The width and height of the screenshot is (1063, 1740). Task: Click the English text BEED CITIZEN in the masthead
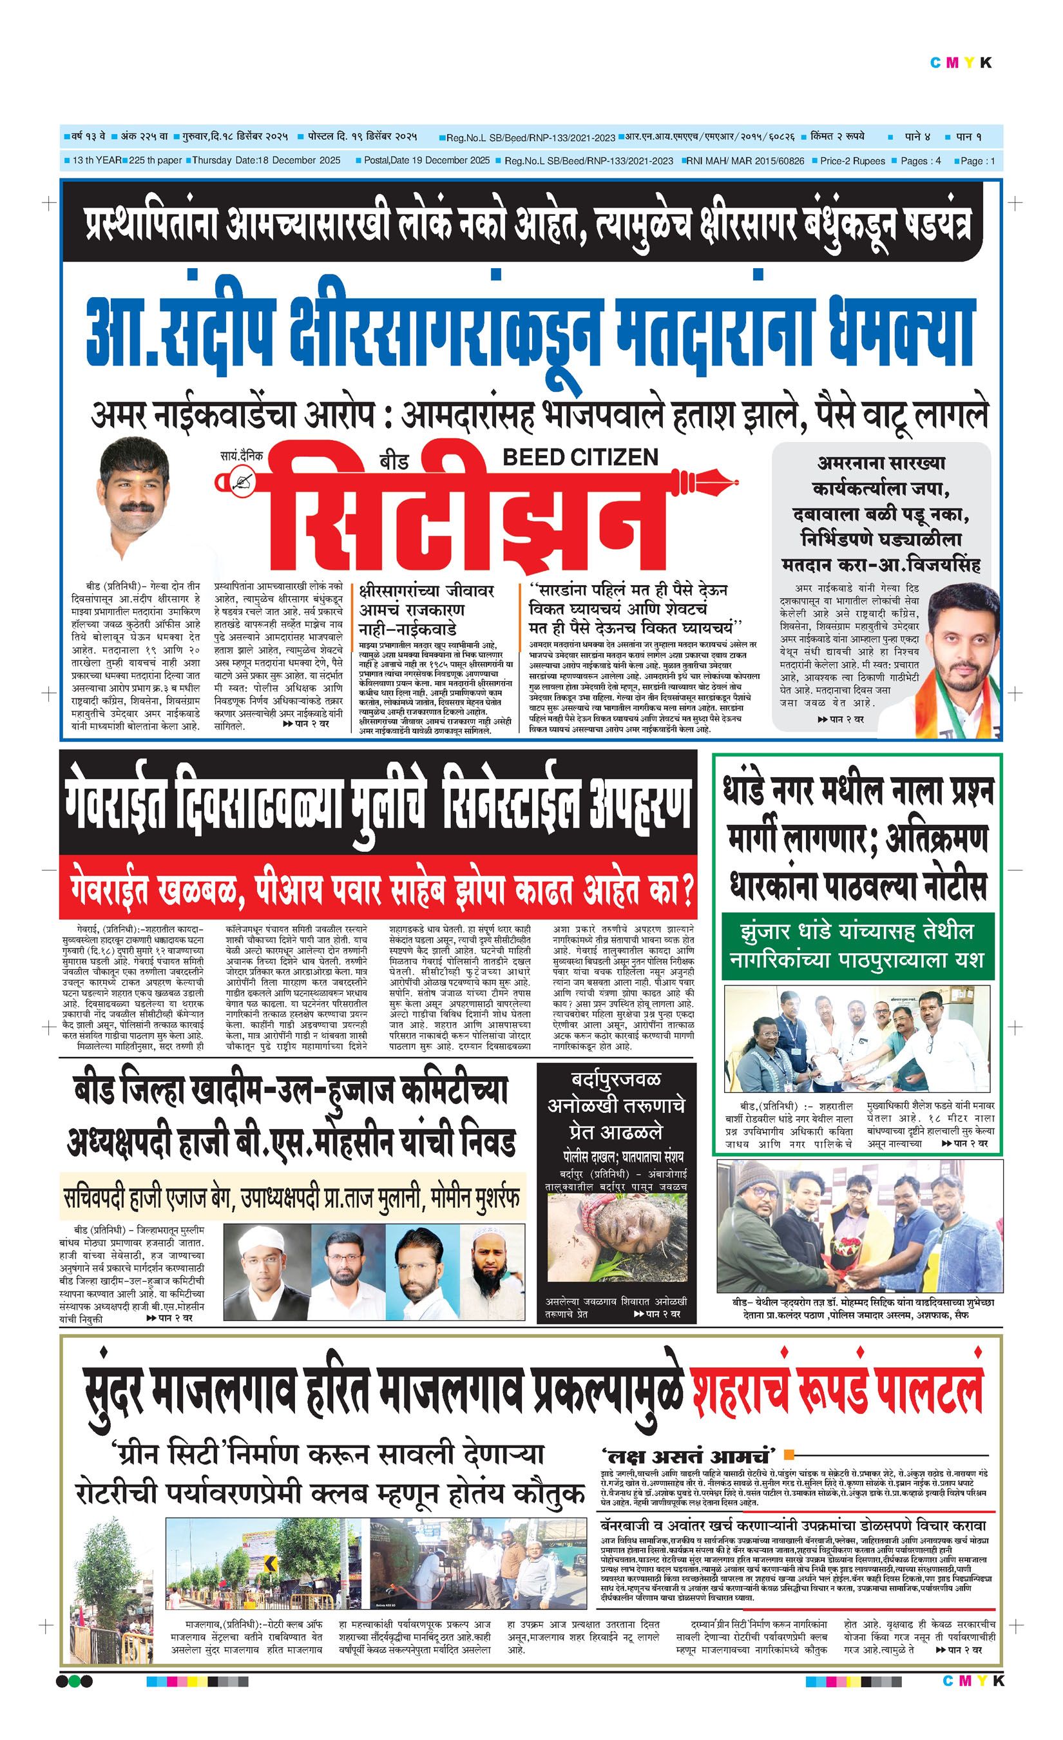point(580,457)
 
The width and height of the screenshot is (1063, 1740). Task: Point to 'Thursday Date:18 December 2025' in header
point(266,160)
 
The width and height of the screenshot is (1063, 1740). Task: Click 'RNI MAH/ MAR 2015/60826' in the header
point(746,161)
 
